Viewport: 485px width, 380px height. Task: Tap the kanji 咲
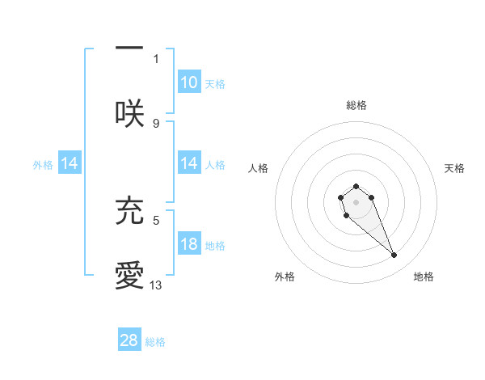pos(129,112)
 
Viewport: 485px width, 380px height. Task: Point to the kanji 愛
pos(129,276)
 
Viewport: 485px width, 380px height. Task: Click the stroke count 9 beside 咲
pos(156,123)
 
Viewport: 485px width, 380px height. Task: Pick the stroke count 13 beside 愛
pos(156,285)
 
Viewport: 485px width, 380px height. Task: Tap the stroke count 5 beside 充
pos(156,219)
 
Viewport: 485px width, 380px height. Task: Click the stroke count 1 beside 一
pos(156,58)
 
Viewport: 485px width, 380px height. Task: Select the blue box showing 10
pos(188,82)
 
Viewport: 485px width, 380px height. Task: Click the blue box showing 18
pos(188,245)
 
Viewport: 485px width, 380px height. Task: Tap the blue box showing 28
pos(129,340)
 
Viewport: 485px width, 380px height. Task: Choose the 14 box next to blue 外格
pos(70,163)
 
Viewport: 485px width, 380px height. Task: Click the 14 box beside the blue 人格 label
pos(188,163)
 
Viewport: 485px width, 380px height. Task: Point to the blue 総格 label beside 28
pos(155,342)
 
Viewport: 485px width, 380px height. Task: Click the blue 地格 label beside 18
pos(215,246)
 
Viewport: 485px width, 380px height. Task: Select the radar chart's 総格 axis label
pos(356,105)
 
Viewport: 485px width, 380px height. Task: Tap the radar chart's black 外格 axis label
pos(285,277)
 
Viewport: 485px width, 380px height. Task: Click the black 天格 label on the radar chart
pos(454,168)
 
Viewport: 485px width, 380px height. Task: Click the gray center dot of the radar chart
pos(356,201)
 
